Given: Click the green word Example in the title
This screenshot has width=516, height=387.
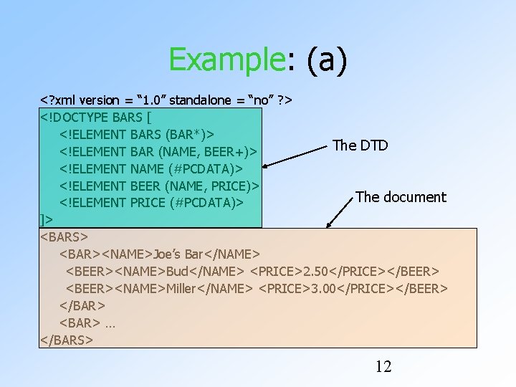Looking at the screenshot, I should pyautogui.click(x=227, y=59).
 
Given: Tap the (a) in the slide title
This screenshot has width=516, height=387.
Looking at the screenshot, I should pyautogui.click(x=326, y=59).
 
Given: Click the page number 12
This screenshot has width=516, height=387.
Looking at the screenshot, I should pyautogui.click(x=383, y=367).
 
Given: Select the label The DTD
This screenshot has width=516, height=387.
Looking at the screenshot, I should pyautogui.click(x=360, y=145).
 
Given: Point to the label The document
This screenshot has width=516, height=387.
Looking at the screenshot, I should pyautogui.click(x=401, y=197).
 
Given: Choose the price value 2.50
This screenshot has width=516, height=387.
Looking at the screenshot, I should pyautogui.click(x=319, y=272).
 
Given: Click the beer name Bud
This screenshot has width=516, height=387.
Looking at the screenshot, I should pyautogui.click(x=179, y=272).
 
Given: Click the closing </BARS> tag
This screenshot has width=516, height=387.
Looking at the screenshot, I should pyautogui.click(x=67, y=340).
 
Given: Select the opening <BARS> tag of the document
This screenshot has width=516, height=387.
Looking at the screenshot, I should pyautogui.click(x=64, y=237).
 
